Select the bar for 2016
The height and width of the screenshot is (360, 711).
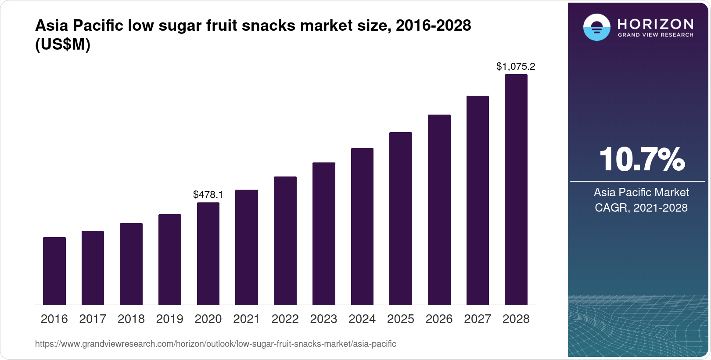point(54,271)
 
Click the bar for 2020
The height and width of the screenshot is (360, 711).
point(208,253)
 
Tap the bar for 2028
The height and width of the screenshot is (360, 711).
point(516,189)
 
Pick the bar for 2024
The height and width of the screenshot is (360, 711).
point(362,226)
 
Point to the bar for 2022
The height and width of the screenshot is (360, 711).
point(285,241)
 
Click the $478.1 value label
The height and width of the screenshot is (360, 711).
point(208,194)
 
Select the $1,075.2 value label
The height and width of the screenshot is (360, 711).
point(516,67)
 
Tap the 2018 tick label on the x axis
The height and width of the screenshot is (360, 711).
point(131,319)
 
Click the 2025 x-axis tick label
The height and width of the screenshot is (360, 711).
point(400,319)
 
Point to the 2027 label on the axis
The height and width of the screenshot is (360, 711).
point(478,319)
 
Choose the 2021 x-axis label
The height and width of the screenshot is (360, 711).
point(247,319)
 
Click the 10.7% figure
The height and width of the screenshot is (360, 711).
point(641,159)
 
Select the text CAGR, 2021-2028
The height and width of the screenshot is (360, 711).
point(641,208)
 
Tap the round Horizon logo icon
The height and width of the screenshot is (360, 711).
point(596,27)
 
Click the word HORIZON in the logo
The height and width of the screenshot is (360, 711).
point(655,24)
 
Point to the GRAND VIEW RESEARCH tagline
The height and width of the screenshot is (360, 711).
point(655,35)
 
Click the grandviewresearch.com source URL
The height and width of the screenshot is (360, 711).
point(215,344)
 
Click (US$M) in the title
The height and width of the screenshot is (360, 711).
point(63,44)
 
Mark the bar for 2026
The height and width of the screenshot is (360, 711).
point(439,209)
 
